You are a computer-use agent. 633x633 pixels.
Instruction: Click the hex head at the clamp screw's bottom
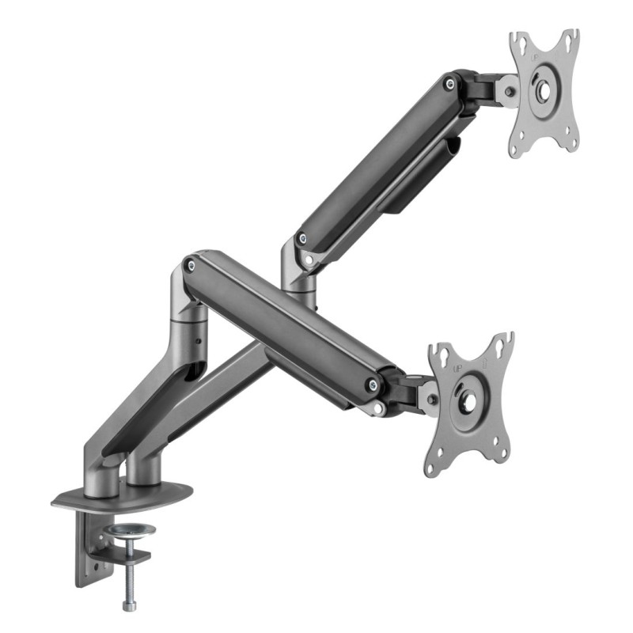[x=128, y=605]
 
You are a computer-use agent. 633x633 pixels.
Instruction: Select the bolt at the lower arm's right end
[x=373, y=385]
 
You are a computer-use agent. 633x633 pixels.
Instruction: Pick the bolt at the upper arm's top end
[x=449, y=81]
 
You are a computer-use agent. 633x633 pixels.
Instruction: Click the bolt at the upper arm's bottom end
[x=300, y=237]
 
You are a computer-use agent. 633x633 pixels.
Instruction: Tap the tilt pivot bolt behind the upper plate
[x=509, y=91]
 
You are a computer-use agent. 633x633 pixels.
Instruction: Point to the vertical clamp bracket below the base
[x=88, y=546]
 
